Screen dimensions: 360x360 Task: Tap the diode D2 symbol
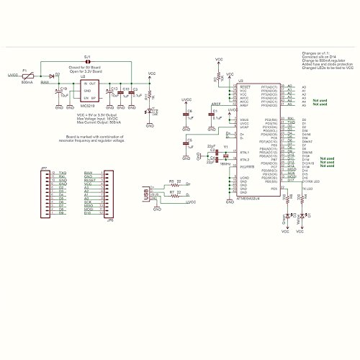tap(53, 76)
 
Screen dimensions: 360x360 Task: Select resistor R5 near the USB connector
tap(170, 184)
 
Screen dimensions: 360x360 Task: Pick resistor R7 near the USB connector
tap(170, 196)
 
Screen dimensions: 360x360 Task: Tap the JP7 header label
tap(44, 168)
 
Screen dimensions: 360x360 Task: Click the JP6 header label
tap(109, 221)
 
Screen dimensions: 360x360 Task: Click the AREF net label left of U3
tap(215, 104)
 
